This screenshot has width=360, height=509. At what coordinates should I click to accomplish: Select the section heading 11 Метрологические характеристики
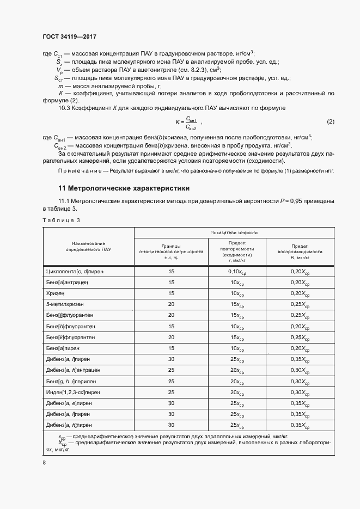[124, 188]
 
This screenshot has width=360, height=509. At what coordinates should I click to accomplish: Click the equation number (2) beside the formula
[330, 121]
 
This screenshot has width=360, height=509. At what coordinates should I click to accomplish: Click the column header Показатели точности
[234, 232]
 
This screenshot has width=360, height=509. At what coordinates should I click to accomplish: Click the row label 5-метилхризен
[65, 305]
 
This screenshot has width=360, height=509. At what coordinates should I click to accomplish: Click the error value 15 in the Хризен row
[172, 294]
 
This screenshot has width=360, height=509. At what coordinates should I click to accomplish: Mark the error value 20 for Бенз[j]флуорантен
[172, 315]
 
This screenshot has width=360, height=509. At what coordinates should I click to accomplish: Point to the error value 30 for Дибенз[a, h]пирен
[172, 425]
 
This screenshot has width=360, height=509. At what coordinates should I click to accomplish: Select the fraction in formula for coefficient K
[191, 122]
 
